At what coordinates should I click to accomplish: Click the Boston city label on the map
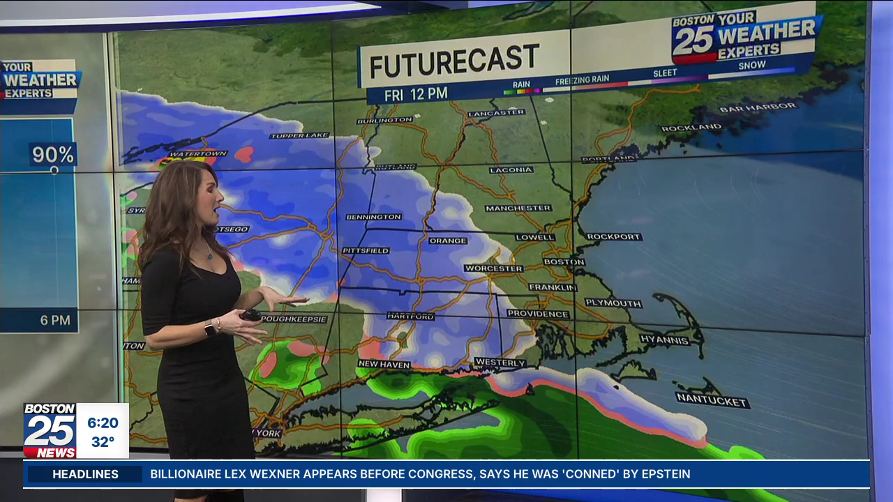tap(564, 262)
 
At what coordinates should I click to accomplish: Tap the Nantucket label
tap(712, 400)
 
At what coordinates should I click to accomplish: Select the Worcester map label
tap(493, 268)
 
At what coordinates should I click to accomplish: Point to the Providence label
tap(538, 314)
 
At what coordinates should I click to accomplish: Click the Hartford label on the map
tap(411, 317)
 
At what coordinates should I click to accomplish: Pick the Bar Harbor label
tap(758, 108)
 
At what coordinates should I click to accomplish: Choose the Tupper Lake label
tap(299, 135)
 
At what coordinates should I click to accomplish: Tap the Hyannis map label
tap(665, 340)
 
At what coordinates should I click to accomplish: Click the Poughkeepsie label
tap(294, 319)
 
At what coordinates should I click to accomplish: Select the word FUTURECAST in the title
tap(454, 61)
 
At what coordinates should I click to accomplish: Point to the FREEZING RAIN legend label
tap(582, 80)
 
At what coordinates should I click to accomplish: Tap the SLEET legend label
tap(665, 73)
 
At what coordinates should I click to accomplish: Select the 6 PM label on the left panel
tap(55, 321)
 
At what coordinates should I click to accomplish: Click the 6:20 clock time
tap(103, 423)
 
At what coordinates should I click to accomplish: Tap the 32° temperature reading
tap(103, 442)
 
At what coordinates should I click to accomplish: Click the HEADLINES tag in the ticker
tap(85, 474)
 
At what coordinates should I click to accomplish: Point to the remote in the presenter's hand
tap(250, 315)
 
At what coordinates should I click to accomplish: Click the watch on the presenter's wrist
tap(209, 328)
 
